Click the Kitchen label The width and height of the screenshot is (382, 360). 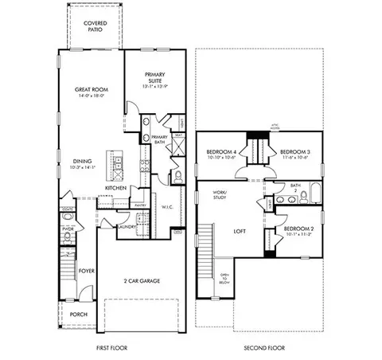click(116, 188)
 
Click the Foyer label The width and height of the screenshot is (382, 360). click(87, 272)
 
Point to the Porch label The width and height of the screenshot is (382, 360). click(78, 314)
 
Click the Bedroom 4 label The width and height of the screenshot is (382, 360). click(222, 151)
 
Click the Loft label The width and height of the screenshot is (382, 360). click(240, 232)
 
